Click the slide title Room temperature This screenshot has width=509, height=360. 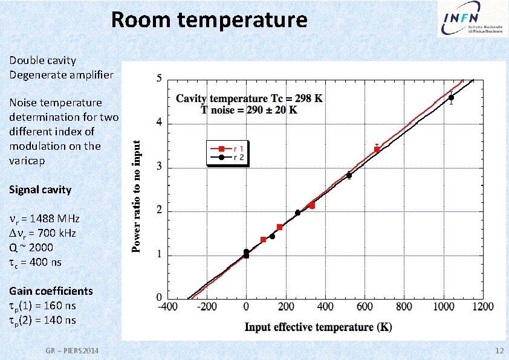click(x=209, y=20)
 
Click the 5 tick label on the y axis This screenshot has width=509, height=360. click(x=159, y=79)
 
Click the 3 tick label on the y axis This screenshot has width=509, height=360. click(x=159, y=167)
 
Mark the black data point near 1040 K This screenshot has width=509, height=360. click(x=451, y=97)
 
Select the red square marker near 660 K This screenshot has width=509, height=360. click(x=377, y=149)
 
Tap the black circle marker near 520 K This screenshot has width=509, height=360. click(x=349, y=175)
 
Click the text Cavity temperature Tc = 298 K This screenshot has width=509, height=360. click(x=250, y=98)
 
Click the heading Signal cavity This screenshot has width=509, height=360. click(x=40, y=190)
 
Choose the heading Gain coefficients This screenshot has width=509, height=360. click(x=51, y=291)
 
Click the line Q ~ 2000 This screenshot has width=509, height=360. click(x=31, y=248)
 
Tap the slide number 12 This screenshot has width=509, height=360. click(x=499, y=352)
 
